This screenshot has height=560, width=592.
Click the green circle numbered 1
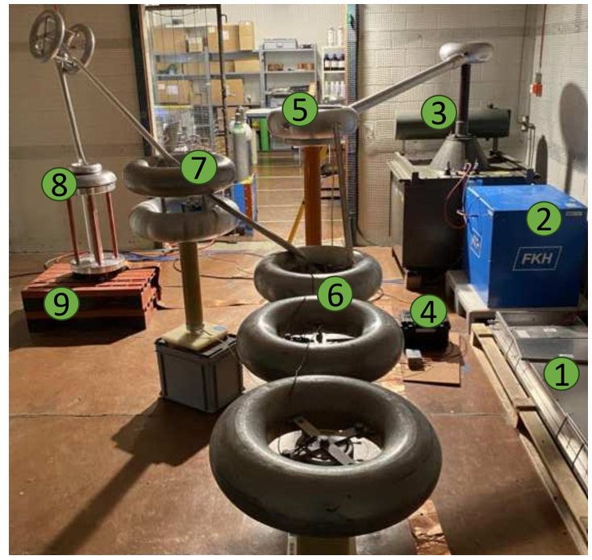click(561, 374)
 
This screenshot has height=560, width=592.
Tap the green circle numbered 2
click(544, 218)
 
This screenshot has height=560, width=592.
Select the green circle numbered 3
click(438, 112)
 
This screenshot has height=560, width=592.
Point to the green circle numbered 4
click(427, 311)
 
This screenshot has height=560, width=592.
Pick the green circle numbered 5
click(300, 109)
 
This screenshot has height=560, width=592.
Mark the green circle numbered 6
click(336, 294)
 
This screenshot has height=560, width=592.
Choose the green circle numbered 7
click(198, 167)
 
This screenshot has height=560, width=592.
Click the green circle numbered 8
click(59, 184)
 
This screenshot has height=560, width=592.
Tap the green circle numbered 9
click(61, 302)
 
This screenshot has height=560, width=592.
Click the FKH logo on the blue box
click(537, 259)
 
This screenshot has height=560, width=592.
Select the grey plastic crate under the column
click(199, 372)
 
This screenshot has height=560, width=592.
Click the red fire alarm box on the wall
click(536, 87)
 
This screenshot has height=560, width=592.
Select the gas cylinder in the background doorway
click(242, 144)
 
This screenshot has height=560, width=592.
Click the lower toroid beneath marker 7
click(185, 219)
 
